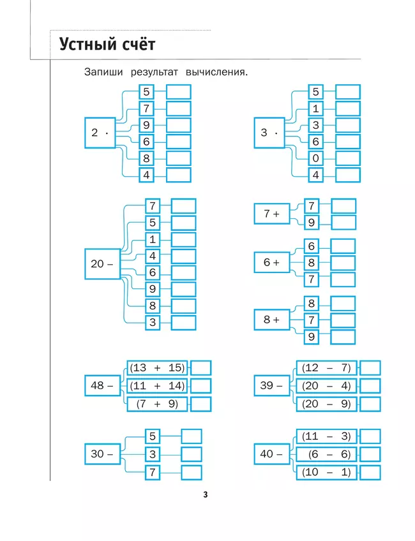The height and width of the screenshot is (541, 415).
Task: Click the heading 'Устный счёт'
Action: pos(107,45)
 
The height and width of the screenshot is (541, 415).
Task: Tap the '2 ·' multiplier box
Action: pos(100,133)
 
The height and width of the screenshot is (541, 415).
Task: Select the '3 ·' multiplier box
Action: pos(269,133)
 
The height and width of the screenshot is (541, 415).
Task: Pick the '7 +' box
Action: pos(271,214)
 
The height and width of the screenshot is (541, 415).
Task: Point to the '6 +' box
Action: pos(271,262)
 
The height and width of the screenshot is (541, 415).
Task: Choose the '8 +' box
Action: pos(271,320)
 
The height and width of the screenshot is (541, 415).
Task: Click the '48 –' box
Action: pos(102,385)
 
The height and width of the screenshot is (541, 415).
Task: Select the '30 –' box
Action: pos(102,454)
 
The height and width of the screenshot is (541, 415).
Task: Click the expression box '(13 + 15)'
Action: pos(157,368)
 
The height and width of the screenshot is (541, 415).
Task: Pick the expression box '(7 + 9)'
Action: pos(157,404)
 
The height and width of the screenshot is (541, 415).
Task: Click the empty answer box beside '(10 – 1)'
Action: pos(370,472)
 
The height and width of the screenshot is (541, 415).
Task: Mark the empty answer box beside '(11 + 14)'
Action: pos(201,386)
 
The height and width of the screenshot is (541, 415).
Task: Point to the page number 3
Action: pos(206,495)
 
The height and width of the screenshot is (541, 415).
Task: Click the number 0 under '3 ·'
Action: pos(315,158)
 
